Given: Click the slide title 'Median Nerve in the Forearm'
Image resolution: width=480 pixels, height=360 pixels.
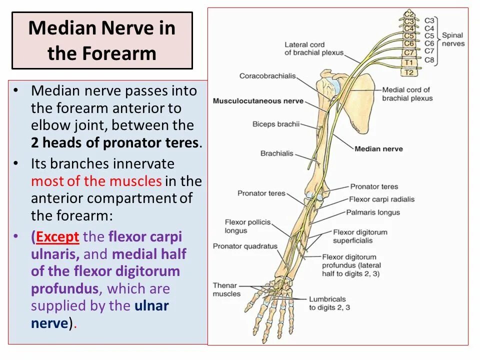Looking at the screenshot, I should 102,40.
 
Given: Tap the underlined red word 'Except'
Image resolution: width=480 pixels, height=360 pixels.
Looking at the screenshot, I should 58,236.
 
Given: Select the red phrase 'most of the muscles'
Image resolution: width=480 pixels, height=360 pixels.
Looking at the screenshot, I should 96,181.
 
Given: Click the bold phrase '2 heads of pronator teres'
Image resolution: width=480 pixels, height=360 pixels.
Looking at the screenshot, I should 115,143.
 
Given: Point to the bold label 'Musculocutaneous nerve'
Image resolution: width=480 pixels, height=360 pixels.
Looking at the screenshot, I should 258,101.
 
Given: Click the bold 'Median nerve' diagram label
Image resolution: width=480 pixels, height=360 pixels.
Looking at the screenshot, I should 378,149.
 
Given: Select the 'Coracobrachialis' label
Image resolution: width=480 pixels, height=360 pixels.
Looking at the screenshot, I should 267,76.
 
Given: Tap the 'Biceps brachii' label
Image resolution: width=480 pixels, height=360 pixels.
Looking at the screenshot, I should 276,124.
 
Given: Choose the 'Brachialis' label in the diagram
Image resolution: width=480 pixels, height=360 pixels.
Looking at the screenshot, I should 276,153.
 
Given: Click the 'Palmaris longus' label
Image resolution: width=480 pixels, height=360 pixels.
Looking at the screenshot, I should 373,212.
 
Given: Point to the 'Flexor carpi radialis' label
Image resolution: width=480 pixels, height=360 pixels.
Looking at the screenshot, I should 382,199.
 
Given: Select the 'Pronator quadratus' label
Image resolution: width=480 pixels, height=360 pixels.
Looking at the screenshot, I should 245,246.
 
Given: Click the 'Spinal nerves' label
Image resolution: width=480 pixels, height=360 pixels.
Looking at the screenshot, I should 452,39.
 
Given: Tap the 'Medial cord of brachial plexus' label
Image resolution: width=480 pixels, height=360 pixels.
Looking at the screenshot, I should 406,94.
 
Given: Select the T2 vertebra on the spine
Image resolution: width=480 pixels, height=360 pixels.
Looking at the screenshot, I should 409,72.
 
